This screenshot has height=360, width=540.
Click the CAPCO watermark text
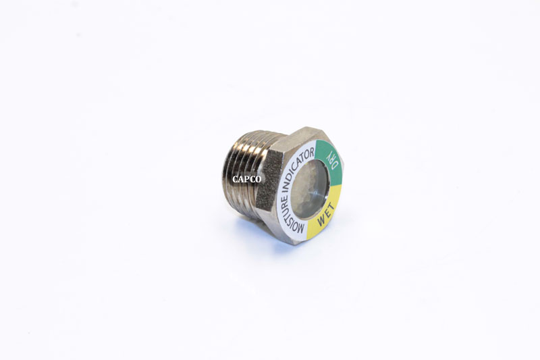pos(246,180)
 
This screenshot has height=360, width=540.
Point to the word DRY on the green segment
pos(331,161)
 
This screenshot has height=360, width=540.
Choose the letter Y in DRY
pos(326,153)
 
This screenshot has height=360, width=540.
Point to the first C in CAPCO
pos(234,180)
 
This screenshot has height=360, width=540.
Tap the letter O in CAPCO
pos(259,180)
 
